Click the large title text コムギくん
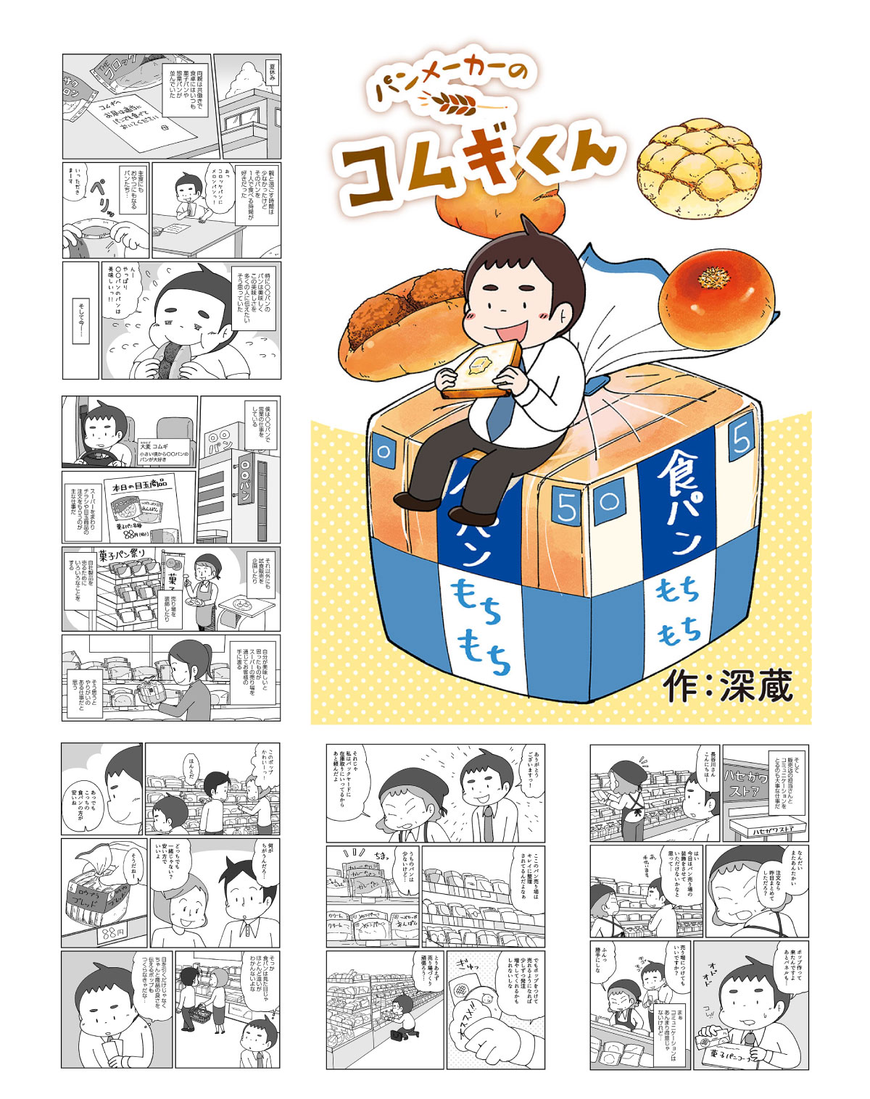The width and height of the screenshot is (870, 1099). point(478,164)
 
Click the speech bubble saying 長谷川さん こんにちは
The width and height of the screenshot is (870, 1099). point(708,767)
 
